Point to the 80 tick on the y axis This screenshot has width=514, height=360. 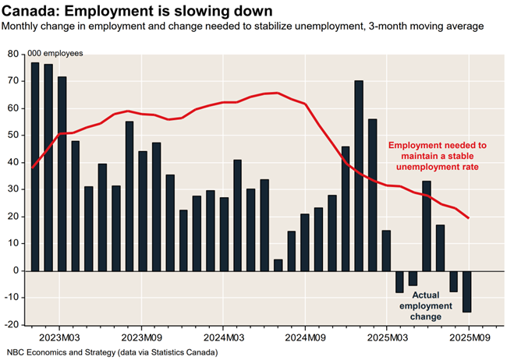[14, 54]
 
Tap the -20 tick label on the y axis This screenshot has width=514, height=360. [12, 325]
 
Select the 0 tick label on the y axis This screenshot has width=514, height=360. [16, 270]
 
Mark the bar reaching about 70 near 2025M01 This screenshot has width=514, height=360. [359, 175]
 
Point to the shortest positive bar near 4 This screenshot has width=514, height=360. [278, 265]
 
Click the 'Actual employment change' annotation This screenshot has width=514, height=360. [427, 305]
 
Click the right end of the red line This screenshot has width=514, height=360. [468, 217]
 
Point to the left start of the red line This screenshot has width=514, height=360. [32, 168]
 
